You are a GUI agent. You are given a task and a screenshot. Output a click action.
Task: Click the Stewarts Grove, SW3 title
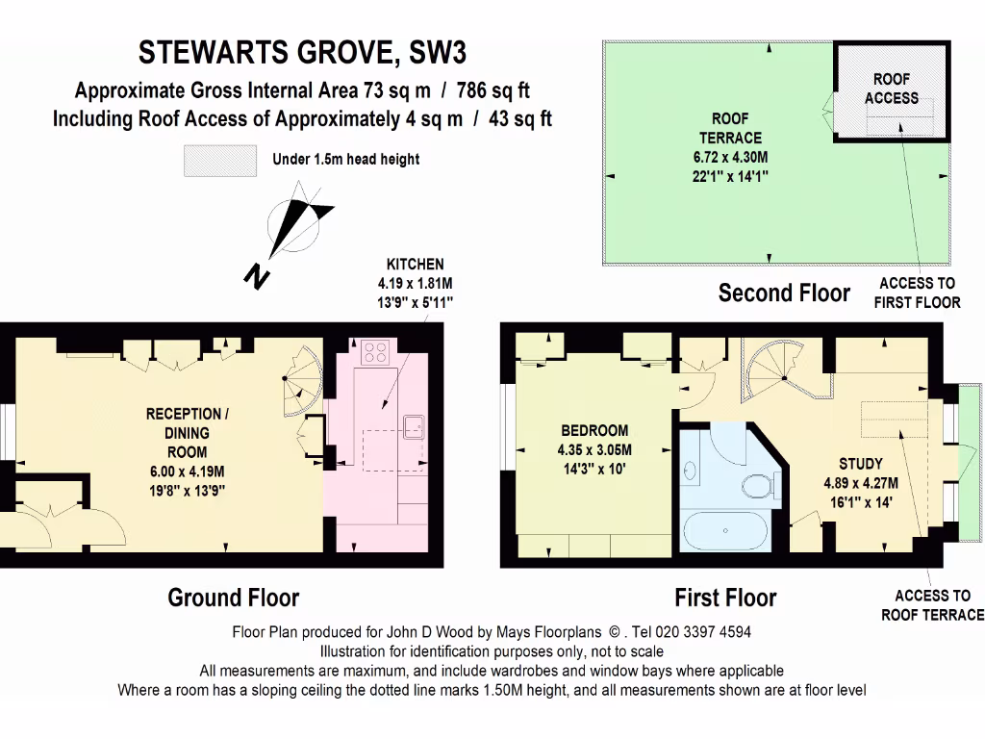click(303, 51)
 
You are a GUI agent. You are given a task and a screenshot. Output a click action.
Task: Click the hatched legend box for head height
click(220, 160)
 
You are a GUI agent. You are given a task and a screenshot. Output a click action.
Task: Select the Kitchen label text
click(415, 264)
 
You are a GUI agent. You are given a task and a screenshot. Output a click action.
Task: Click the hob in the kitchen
click(375, 352)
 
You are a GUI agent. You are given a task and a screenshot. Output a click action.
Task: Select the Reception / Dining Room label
click(188, 432)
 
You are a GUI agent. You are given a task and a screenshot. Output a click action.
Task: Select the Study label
click(860, 463)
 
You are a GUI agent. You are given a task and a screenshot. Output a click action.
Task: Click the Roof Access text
click(891, 89)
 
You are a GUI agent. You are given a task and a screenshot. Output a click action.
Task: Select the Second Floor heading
click(784, 293)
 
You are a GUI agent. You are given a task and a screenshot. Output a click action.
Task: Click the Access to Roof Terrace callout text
click(932, 605)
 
